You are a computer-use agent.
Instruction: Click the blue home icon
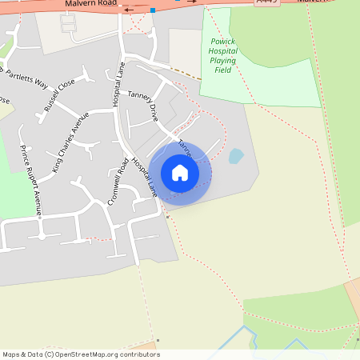[180, 173]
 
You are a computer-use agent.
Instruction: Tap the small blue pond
[236, 156]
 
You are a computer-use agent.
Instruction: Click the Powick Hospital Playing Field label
[223, 55]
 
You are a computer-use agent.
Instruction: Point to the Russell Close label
[60, 94]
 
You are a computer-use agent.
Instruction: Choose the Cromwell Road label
[117, 182]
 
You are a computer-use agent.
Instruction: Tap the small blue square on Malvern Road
[152, 10]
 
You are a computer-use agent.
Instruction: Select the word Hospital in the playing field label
[223, 50]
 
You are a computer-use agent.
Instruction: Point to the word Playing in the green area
[223, 60]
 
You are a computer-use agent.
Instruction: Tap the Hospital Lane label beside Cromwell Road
[145, 177]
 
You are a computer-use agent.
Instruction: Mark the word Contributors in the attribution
[138, 354]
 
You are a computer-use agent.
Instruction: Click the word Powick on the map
[223, 41]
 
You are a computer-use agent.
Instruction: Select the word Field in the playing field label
[223, 70]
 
